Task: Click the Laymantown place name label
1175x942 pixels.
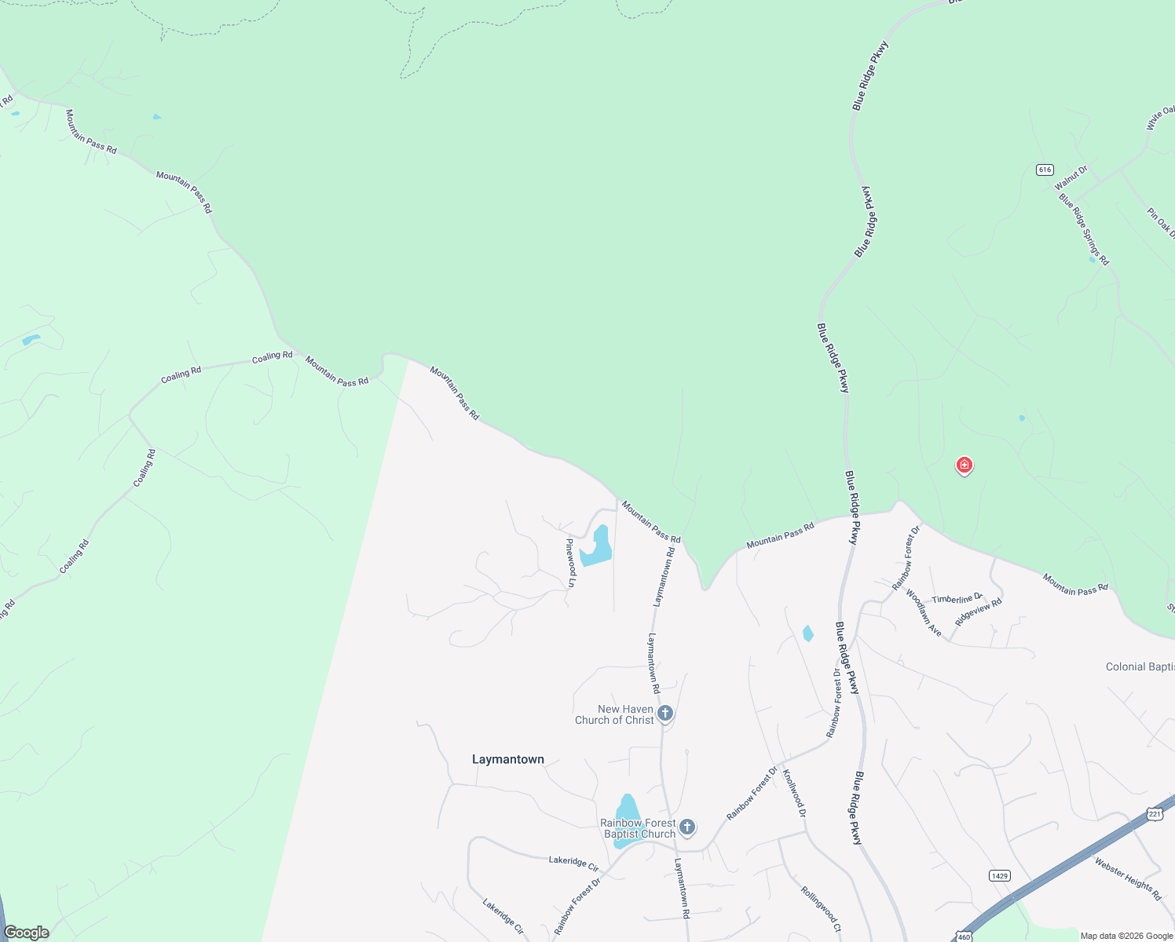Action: tap(508, 759)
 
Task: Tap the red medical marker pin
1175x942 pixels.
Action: tap(965, 466)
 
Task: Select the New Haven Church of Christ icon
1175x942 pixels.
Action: tap(665, 714)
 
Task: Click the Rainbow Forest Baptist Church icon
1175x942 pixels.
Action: tap(687, 827)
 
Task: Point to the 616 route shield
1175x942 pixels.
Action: tap(1044, 170)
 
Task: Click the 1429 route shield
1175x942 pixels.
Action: tap(1000, 875)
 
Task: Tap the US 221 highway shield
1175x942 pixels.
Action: tap(1154, 814)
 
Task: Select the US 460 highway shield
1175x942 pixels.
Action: tap(964, 937)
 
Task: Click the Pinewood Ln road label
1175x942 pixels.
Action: tap(572, 562)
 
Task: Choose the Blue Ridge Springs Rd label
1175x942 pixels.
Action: tap(1084, 229)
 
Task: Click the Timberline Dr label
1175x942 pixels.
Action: tap(957, 599)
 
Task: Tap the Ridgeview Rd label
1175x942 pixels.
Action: tap(979, 612)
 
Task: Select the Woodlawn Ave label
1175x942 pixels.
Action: tap(924, 612)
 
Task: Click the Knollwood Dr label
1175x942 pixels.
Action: tap(793, 793)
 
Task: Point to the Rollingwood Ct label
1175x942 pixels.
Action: tap(822, 909)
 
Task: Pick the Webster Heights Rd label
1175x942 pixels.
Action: tap(1129, 878)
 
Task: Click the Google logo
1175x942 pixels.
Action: tap(27, 933)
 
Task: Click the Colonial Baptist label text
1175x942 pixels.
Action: tap(1140, 666)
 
